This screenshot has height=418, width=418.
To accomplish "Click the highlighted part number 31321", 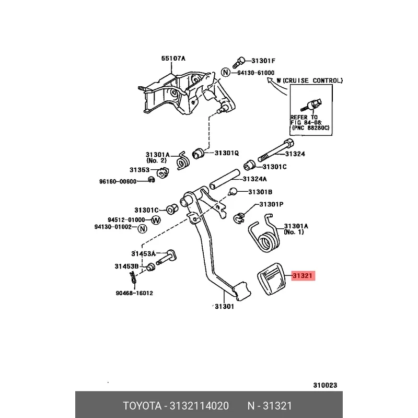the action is pos(303,276).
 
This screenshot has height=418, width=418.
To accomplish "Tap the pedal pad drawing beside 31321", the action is pos(271,279).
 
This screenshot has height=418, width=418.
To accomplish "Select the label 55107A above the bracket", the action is pos(173,59).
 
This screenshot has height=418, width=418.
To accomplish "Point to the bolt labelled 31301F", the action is pos(239,63).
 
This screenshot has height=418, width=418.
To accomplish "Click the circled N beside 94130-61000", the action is pos(226,72).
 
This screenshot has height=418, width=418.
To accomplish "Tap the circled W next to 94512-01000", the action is pos(156,220).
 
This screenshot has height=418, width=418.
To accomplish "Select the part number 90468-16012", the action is pos(134,293).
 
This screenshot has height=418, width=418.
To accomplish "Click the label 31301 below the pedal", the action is pos(225,307).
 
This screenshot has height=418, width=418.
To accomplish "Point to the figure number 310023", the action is pos(325,385).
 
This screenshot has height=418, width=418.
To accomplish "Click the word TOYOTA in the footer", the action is pos(142,406).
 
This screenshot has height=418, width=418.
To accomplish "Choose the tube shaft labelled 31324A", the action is pos(225,179).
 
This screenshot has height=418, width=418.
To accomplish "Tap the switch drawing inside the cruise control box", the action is pos(311,105).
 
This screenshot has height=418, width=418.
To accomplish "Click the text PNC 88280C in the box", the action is pos(311,127).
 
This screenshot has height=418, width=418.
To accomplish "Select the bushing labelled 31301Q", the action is pos(198,153).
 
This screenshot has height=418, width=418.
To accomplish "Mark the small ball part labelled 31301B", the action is pos(233,191).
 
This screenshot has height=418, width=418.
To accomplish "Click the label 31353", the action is pos(140,170).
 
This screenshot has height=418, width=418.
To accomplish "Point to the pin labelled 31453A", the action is pos(166,257).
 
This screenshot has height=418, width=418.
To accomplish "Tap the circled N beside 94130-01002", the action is pos(142,228).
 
